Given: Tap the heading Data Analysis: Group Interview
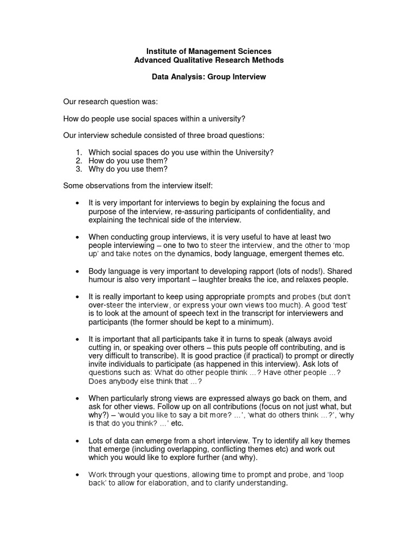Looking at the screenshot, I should coord(208,77).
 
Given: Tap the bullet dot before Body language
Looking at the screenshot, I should coord(77,271).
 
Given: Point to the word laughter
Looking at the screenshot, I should coord(207,280).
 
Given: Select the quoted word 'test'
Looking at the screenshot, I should coord(337,305).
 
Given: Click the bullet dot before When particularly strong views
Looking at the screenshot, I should coord(77,398).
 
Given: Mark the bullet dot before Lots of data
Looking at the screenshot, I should coord(77,441).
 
